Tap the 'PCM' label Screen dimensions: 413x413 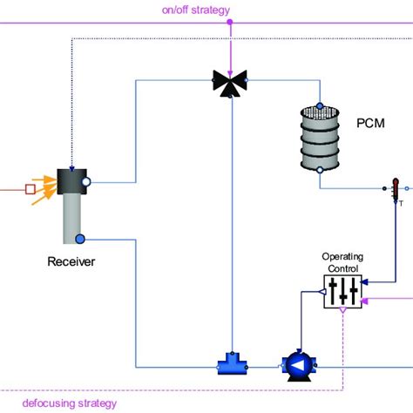coord(370,124)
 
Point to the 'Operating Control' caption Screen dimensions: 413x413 coord(342,262)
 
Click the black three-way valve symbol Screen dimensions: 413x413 coord(230,84)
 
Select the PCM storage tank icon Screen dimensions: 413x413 coord(319,139)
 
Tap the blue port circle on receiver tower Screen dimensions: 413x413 coord(79,240)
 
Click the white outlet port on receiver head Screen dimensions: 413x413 coord(85,182)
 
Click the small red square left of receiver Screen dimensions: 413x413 coord(30,187)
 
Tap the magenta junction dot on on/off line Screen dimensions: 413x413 coord(230,23)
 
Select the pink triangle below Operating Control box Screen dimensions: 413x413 coord(342,309)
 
